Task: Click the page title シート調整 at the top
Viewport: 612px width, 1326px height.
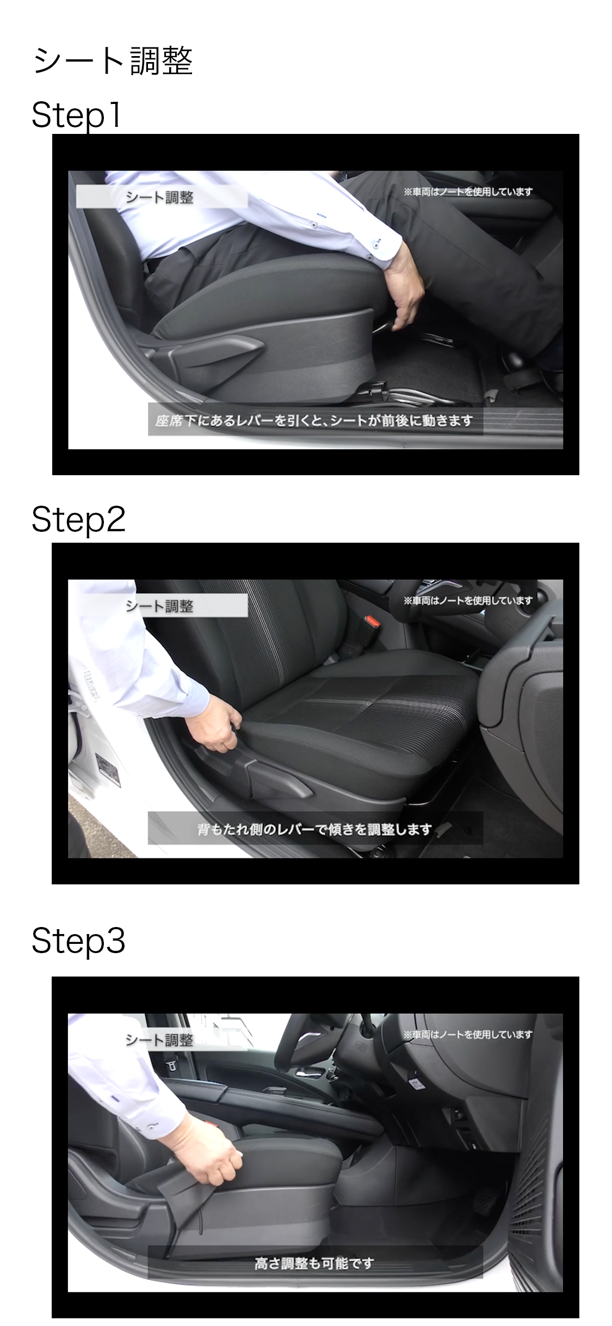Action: click(x=113, y=60)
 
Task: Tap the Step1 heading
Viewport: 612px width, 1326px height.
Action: click(x=76, y=115)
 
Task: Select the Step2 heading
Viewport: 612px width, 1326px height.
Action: click(x=78, y=519)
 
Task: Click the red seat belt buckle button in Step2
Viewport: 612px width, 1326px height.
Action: click(x=372, y=621)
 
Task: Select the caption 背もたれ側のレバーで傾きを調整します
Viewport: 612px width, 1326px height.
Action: click(x=314, y=829)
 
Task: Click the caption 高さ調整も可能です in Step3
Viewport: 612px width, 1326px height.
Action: click(x=314, y=1263)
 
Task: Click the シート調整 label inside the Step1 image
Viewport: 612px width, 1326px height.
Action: click(x=159, y=197)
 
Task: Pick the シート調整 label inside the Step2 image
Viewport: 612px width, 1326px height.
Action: click(x=159, y=606)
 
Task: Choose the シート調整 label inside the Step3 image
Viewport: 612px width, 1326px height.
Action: click(x=159, y=1040)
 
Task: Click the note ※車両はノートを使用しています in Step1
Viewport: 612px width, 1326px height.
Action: click(x=468, y=192)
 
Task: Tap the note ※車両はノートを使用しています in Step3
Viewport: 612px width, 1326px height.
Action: click(x=468, y=1034)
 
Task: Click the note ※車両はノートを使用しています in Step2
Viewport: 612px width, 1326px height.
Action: click(x=468, y=600)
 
